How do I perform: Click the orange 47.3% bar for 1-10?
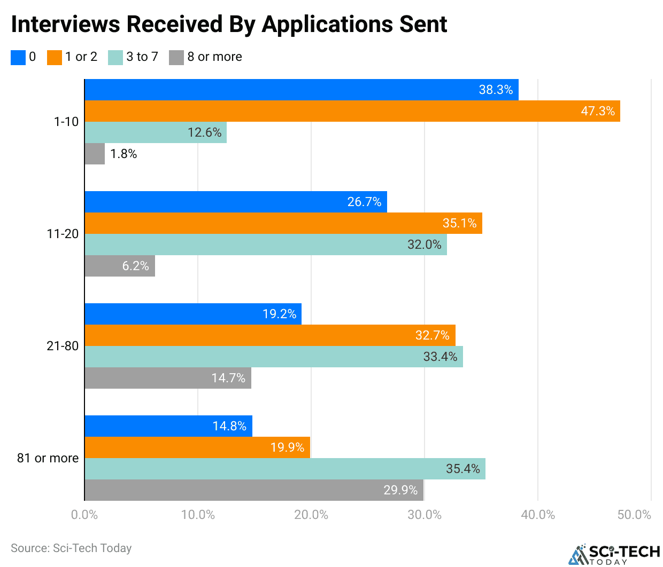[352, 111]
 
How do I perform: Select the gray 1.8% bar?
[95, 154]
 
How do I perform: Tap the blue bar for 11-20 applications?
[236, 202]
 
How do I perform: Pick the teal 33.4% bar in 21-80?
[274, 357]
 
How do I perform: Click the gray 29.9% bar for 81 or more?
[254, 490]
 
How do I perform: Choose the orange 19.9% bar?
[197, 447]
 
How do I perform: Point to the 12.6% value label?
[204, 132]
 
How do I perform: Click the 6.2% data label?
[135, 266]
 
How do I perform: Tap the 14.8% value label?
[229, 426]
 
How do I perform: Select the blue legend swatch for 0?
[18, 57]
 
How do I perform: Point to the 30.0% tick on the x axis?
[425, 515]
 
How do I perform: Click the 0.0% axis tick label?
[84, 515]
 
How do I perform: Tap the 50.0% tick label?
[634, 515]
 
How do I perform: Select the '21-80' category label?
[63, 346]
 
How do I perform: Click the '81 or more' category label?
[48, 458]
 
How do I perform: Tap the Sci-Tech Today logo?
[614, 554]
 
